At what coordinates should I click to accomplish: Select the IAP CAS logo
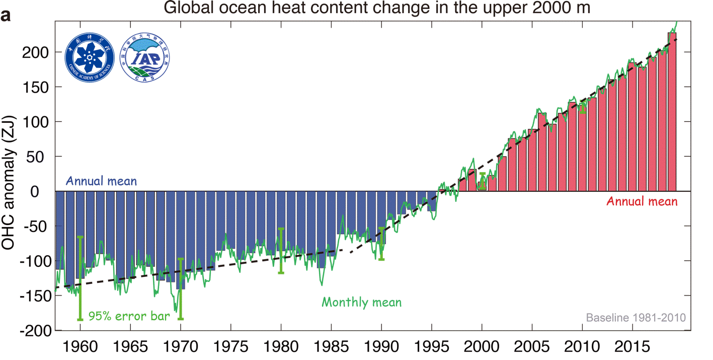point(144,59)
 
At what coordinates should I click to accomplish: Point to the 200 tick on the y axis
point(36,52)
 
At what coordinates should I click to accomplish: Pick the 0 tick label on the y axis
point(43,191)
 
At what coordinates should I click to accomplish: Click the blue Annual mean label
point(101,181)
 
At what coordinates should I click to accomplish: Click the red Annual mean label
point(642,201)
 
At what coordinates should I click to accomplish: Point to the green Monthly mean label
point(361,303)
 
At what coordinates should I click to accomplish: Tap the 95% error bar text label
point(129,317)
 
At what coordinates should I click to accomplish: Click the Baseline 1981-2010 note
point(636,318)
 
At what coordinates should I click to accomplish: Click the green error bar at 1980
point(281,251)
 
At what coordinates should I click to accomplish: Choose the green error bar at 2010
point(583,107)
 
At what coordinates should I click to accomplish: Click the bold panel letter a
point(7,16)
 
